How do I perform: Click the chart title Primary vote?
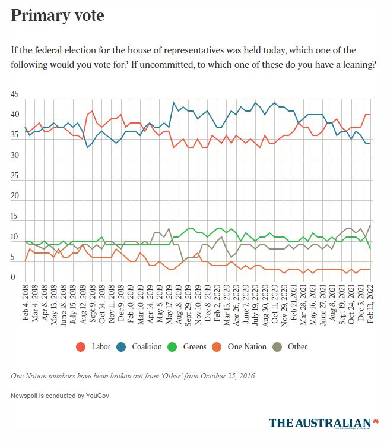pos(58,16)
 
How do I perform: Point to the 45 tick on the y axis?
pos(15,94)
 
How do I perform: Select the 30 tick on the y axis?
pos(15,156)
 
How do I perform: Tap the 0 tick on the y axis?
pos(13,277)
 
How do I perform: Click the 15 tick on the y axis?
pos(15,217)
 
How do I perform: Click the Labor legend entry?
pos(93,346)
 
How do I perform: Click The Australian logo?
pos(324,422)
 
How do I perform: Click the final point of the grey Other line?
pos(371,225)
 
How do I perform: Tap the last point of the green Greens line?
pos(371,248)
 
